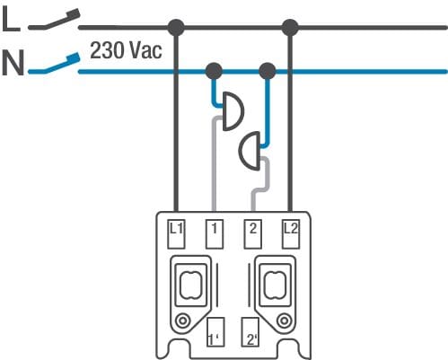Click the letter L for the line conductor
coord(11,19)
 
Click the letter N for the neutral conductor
coord(13,63)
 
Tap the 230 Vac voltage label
coord(126,50)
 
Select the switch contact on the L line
coord(54,21)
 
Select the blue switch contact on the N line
coord(54,64)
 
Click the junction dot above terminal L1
coord(176,28)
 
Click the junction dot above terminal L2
coord(290,28)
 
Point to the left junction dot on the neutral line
coord(215,71)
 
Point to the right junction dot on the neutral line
coord(267,71)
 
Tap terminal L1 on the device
coord(176,234)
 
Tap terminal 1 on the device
coord(215,234)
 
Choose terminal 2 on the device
coord(253,234)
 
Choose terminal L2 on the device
coord(291,234)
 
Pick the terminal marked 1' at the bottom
coord(215,332)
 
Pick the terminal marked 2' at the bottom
coord(250,332)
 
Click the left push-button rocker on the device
coord(190,285)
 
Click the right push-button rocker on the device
coord(275,285)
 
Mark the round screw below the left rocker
coord(182,321)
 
